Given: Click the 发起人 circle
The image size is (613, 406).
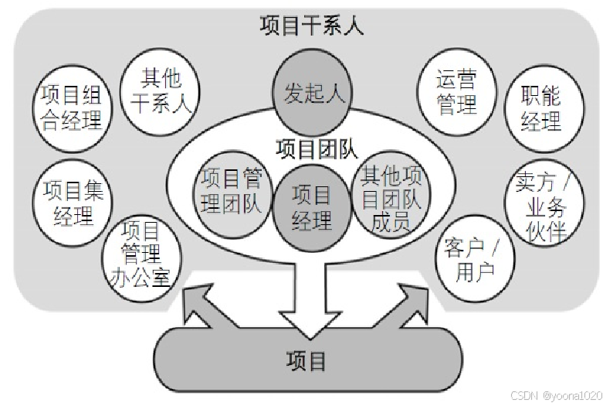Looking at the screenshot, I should point(313,93).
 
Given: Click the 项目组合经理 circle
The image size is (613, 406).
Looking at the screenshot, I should point(71,107).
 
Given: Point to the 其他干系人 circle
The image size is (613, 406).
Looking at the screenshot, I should point(161,90).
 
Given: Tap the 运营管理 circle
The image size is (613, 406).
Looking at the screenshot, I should point(456,91).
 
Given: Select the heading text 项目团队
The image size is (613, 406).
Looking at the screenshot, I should point(312,146).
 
